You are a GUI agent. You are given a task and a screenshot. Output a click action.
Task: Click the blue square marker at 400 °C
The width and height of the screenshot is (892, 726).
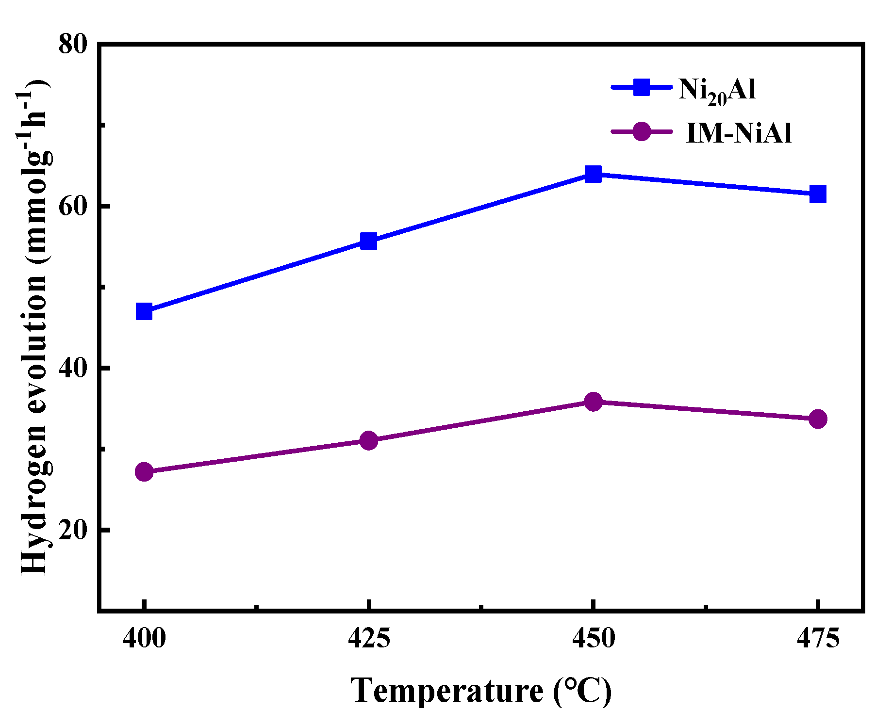(x=144, y=311)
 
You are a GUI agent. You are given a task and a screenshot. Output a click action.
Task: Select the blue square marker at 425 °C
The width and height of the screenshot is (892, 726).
(x=369, y=241)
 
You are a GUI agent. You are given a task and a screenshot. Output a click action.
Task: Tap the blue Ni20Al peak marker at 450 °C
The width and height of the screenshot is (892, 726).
(x=593, y=174)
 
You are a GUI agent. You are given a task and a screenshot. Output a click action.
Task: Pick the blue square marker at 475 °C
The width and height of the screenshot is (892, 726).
(x=818, y=194)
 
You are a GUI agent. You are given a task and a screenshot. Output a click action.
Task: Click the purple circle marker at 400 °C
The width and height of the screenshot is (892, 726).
(x=144, y=471)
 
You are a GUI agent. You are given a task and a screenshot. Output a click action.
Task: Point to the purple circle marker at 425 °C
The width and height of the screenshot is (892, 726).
(x=369, y=440)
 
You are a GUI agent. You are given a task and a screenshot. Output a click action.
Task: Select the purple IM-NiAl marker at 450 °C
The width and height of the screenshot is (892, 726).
(x=593, y=401)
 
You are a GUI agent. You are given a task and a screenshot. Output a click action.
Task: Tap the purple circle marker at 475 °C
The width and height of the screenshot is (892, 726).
(x=818, y=419)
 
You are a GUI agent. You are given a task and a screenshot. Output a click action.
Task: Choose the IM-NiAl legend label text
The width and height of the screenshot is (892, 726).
(x=739, y=133)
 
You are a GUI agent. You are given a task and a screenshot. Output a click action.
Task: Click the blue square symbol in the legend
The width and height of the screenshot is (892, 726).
(x=642, y=88)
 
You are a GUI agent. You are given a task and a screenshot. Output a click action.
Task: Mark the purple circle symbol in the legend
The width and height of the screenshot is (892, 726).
(x=642, y=131)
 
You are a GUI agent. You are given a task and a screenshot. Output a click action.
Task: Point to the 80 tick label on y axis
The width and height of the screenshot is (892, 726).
(x=73, y=45)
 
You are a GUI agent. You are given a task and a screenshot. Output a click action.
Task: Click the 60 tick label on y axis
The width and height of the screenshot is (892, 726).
(x=73, y=207)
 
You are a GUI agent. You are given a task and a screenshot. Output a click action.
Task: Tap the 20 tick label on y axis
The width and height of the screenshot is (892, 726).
(x=73, y=530)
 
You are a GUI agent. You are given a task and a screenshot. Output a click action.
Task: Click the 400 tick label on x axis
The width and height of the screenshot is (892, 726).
(x=144, y=638)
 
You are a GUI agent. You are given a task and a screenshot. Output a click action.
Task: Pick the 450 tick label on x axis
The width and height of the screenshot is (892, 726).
(x=593, y=638)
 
